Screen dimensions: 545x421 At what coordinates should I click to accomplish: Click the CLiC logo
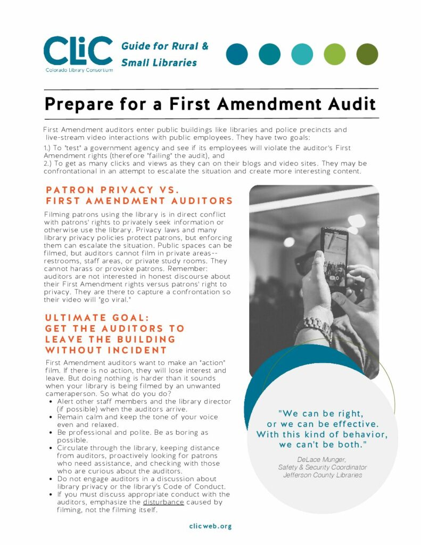(78, 51)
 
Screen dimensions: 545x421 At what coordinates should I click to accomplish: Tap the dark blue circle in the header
(237, 54)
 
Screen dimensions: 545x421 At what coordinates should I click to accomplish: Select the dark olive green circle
(367, 54)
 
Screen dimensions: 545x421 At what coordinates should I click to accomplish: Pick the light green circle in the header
(334, 54)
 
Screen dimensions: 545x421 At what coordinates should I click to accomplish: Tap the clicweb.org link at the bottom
(210, 526)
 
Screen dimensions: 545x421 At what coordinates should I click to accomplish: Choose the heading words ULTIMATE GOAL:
(97, 318)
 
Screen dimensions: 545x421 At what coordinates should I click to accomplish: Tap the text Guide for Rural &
(165, 46)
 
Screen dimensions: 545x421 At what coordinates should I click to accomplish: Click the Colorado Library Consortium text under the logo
(78, 70)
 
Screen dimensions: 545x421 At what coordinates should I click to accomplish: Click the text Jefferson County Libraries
(322, 475)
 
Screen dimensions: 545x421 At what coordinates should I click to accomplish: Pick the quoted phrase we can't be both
(322, 444)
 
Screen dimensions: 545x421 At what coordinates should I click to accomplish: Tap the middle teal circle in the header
(302, 54)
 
